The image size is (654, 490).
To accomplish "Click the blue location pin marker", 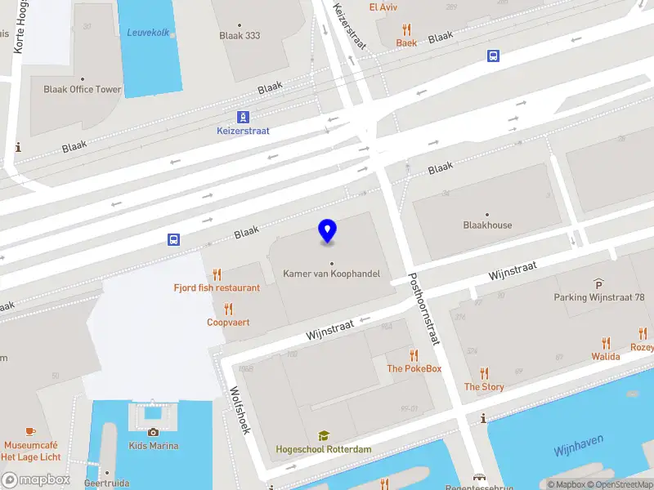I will (x=327, y=231).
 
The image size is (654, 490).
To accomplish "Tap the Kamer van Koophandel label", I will (x=331, y=274).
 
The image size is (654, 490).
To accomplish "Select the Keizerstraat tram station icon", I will (x=243, y=117).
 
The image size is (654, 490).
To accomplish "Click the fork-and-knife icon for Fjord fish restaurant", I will (x=217, y=274).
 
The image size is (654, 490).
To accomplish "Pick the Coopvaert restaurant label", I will (x=228, y=323).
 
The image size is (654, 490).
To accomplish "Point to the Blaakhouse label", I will (x=487, y=225).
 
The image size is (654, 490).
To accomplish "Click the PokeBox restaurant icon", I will (x=414, y=355).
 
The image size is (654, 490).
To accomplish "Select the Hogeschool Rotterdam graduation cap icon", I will (x=324, y=436).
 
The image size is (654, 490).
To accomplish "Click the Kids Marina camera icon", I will (x=153, y=432).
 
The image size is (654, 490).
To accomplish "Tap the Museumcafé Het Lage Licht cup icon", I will (x=31, y=431).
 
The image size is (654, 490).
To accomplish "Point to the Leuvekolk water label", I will (x=147, y=33).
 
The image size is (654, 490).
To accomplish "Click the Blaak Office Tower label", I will (x=82, y=90).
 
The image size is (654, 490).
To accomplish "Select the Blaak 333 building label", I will (x=240, y=36).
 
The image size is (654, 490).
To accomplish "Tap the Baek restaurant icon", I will (x=406, y=29).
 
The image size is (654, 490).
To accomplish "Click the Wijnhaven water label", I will (x=578, y=445).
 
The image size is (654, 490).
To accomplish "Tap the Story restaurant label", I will (x=484, y=387).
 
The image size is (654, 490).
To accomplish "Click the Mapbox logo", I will (x=35, y=480).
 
